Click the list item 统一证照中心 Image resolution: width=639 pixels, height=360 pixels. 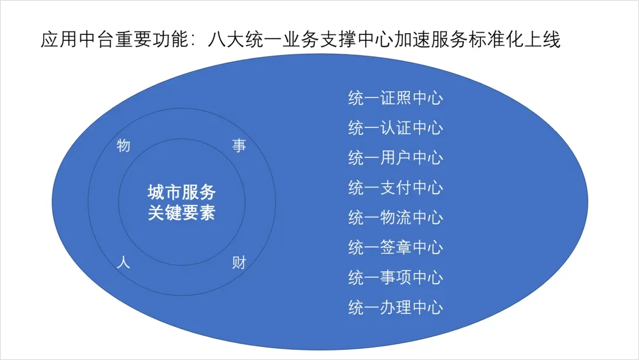click(395, 98)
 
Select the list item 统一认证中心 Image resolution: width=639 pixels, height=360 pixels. click(395, 128)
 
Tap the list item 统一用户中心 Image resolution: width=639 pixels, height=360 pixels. click(395, 158)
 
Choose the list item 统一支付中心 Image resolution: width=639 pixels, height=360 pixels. click(395, 188)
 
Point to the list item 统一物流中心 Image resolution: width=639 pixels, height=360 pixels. click(395, 218)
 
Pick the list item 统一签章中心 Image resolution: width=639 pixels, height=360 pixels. click(395, 247)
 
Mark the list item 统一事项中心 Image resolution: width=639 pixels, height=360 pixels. click(395, 278)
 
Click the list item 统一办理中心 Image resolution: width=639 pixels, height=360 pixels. click(395, 308)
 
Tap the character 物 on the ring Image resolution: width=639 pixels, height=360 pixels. click(124, 145)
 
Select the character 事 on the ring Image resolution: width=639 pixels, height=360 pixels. click(239, 146)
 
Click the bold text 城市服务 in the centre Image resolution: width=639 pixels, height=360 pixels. click(182, 192)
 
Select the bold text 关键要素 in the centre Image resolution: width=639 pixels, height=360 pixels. click(182, 213)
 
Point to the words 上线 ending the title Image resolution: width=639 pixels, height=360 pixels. click(543, 40)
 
